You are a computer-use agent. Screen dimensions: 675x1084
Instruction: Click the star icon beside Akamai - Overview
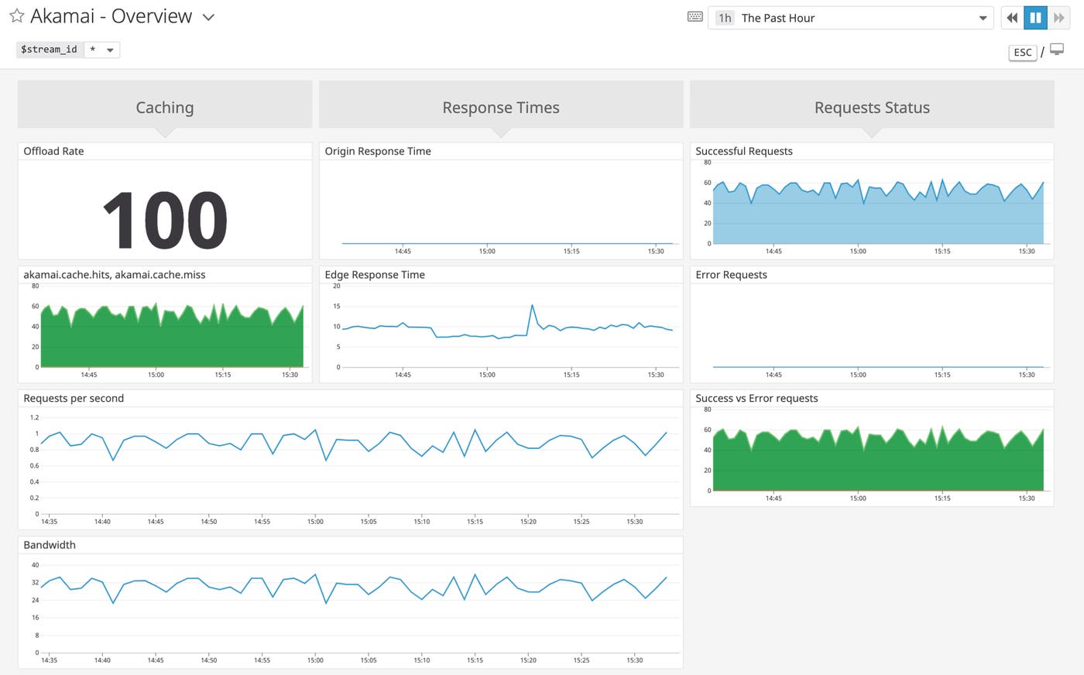pos(16,16)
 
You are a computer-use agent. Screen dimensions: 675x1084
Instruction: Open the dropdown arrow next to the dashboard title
pos(208,18)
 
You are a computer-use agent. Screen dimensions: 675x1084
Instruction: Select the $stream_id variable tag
pos(49,50)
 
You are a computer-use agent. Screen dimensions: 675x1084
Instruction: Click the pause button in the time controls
pos(1035,18)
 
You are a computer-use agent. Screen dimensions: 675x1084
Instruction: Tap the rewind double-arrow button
pos(1012,18)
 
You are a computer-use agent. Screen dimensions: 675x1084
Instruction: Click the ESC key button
pos(1022,53)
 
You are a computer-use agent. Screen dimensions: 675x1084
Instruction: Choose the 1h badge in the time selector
pos(725,18)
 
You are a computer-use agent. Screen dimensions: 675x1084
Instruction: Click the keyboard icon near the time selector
pos(695,17)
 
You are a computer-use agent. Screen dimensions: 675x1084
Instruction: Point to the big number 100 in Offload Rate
pos(165,221)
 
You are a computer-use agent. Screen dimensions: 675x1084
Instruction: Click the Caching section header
pos(165,108)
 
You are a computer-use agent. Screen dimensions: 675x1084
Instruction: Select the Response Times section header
pos(501,108)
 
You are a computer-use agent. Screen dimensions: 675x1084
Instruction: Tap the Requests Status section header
pos(872,108)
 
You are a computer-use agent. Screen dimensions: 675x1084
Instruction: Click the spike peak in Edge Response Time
pos(532,305)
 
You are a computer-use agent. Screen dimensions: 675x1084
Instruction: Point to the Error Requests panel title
pos(731,275)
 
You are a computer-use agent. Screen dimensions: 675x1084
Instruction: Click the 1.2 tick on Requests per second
pos(34,418)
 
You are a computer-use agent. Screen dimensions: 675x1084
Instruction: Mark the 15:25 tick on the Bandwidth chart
pos(581,660)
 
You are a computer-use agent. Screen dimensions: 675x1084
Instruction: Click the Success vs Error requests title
pos(756,399)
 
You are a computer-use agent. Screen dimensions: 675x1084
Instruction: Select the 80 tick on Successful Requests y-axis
pos(707,163)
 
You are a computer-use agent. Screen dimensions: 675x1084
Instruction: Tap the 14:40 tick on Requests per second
pos(102,522)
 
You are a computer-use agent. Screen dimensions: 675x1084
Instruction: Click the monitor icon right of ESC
pos(1057,50)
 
